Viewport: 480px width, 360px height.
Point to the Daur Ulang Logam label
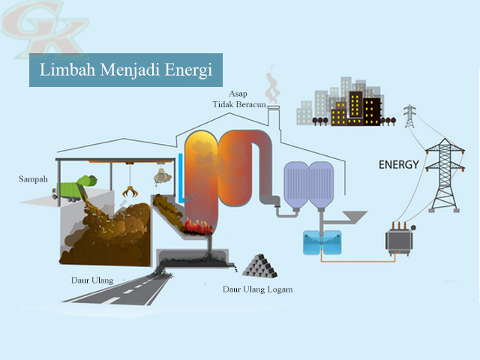click(x=257, y=289)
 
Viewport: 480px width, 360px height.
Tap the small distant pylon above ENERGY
click(x=409, y=116)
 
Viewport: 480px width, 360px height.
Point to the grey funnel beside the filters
click(x=352, y=217)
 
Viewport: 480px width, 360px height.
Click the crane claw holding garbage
click(x=160, y=177)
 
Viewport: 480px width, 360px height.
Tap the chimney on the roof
click(x=271, y=112)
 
